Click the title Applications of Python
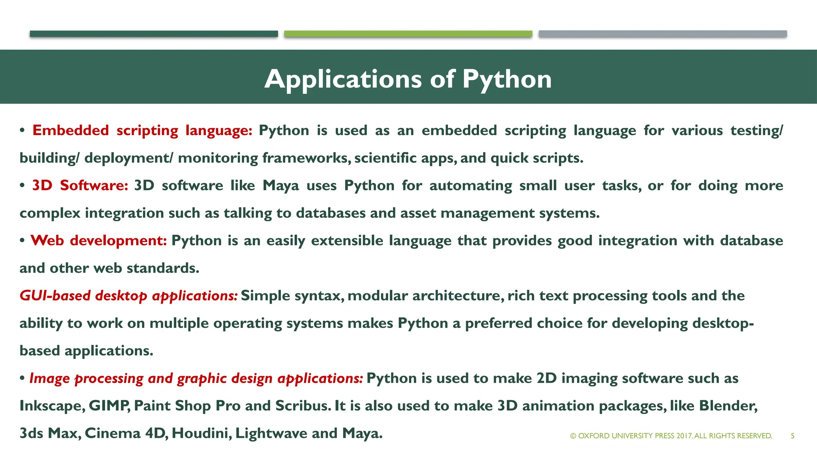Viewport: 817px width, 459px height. tap(408, 79)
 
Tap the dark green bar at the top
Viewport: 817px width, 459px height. tap(154, 34)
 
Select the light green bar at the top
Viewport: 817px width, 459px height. tap(408, 34)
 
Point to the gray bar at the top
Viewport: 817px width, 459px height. tap(663, 34)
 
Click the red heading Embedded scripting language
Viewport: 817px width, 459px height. tap(142, 131)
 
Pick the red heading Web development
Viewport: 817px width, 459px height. tap(99, 241)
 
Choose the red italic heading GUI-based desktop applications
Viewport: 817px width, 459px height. tap(128, 296)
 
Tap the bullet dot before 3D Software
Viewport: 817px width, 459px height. tap(22, 186)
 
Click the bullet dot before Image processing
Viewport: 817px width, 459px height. tap(22, 379)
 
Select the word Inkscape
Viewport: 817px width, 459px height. tap(51, 406)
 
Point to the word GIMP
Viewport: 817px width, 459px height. tap(109, 406)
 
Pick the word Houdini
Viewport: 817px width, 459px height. tap(201, 433)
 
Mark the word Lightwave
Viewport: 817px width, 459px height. tap(271, 433)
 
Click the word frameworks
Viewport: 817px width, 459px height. tap(306, 158)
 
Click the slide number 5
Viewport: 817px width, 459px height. tap(793, 436)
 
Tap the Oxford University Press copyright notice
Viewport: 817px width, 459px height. tap(671, 436)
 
